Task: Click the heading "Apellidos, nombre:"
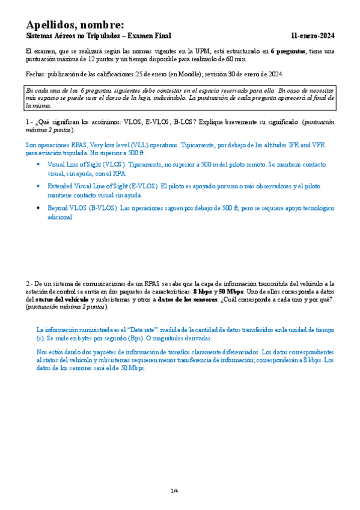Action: coord(75,25)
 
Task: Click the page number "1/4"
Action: coord(174,491)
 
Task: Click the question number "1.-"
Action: coord(30,121)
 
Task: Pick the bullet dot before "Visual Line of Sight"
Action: coord(39,164)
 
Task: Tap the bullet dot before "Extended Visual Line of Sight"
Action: coord(39,186)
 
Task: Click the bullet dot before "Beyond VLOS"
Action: coord(39,208)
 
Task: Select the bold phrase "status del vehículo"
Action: coord(62,299)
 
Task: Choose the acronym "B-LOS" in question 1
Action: coord(186,121)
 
